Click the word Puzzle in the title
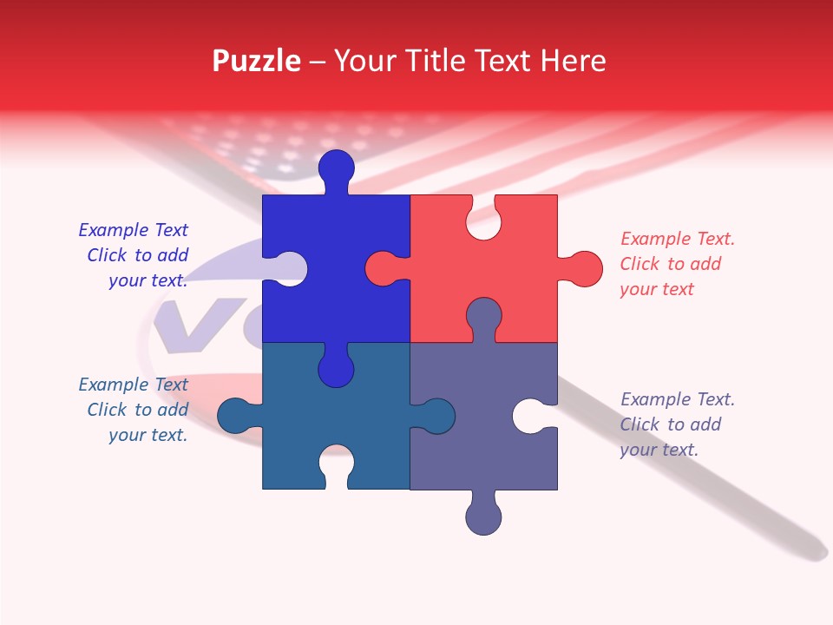tap(256, 61)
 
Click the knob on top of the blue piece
tap(337, 168)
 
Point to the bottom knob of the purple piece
tap(483, 516)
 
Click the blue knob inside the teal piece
tap(337, 369)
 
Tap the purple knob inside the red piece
tap(483, 316)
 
